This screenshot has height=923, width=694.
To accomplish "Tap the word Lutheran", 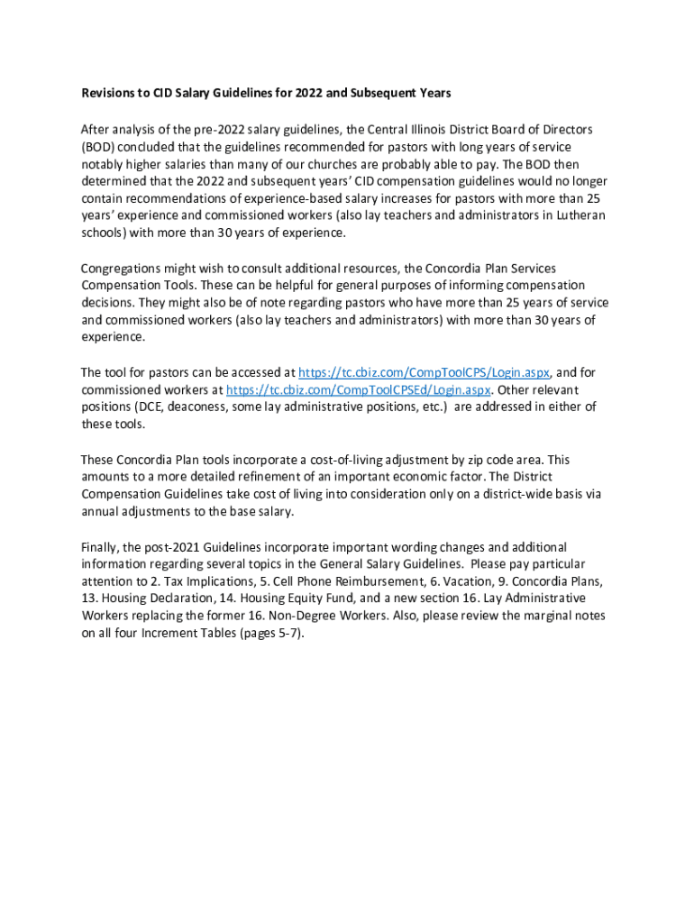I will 578,215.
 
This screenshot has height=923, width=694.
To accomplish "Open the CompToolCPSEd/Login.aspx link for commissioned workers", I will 358,389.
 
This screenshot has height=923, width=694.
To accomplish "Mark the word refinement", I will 278,477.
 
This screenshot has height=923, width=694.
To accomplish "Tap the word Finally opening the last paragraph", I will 99,547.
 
